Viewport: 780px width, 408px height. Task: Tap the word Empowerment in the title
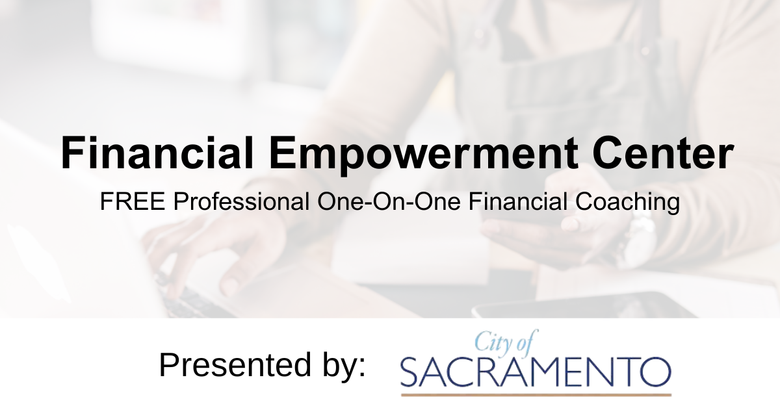(421, 153)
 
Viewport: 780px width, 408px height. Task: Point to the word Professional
(241, 203)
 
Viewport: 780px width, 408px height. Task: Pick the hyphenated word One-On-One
(388, 203)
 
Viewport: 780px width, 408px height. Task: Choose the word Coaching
(628, 203)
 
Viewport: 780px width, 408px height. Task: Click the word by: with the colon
(340, 366)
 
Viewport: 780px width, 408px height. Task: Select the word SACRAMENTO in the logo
(536, 371)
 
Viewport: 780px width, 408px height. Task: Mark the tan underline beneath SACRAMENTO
(536, 394)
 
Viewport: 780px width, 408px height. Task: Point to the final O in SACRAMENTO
(656, 371)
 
